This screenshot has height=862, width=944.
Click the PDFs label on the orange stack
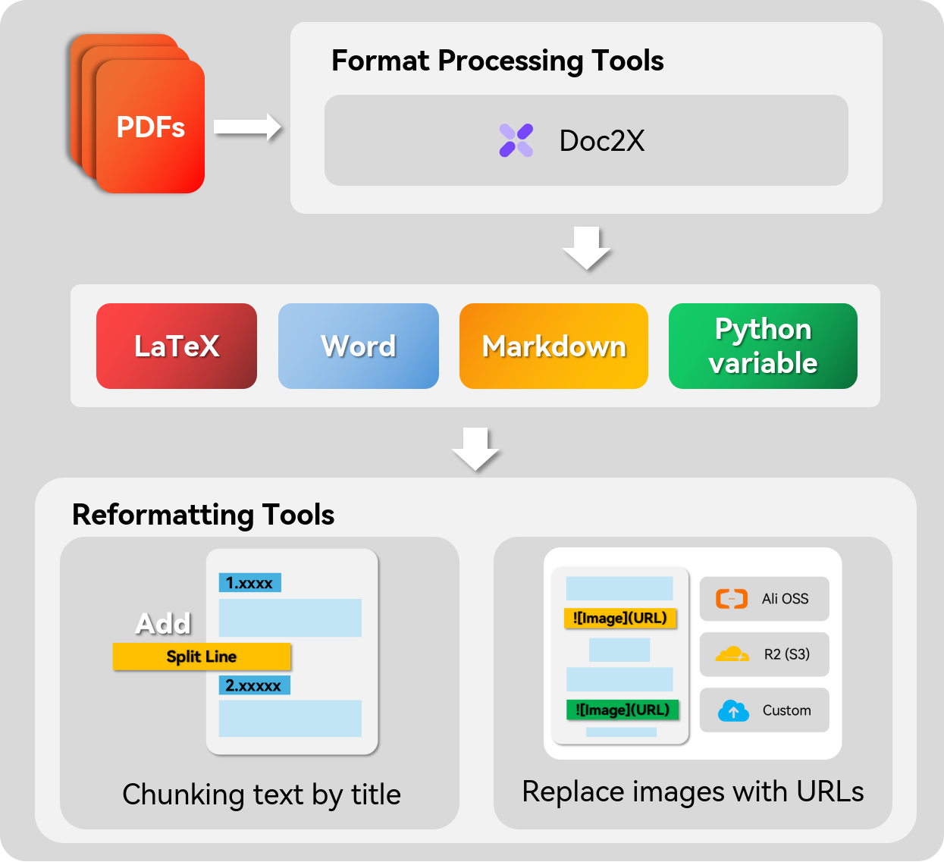(x=151, y=127)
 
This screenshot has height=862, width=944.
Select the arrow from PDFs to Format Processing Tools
(x=247, y=127)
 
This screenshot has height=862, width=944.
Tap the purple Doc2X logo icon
(x=516, y=140)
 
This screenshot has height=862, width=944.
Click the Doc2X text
(x=602, y=141)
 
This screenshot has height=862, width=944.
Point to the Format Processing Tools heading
(x=497, y=61)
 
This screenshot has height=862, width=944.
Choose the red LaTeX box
(x=177, y=346)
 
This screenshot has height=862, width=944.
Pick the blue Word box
(x=359, y=346)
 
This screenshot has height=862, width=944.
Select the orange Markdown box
(x=554, y=346)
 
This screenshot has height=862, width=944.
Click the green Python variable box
(x=763, y=346)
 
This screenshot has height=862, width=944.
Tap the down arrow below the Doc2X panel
(x=586, y=248)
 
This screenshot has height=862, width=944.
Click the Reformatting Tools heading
(x=203, y=515)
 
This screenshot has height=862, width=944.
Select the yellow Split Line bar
(x=202, y=657)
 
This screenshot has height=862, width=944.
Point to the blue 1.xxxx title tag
(x=250, y=582)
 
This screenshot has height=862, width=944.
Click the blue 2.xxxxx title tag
(x=254, y=685)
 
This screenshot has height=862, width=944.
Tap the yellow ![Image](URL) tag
(x=619, y=618)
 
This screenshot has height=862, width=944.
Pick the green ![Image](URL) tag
(x=622, y=710)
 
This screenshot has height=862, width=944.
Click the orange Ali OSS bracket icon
(x=732, y=598)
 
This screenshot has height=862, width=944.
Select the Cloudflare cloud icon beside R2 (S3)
(x=732, y=654)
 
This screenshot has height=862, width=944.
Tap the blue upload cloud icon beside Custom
(x=733, y=710)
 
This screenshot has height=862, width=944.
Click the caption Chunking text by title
(x=262, y=795)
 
